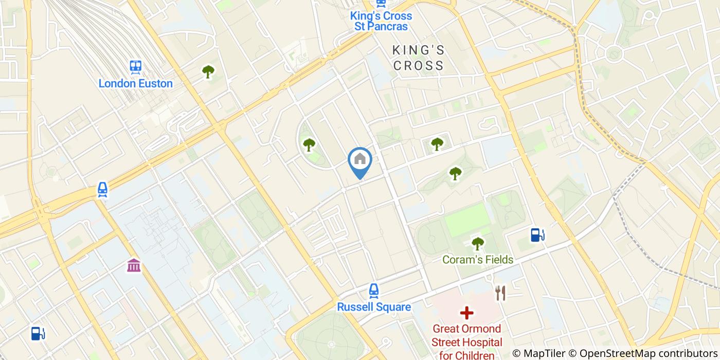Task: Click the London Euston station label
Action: click(x=135, y=83)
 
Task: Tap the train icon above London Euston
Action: click(x=136, y=66)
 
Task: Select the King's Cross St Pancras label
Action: click(x=381, y=21)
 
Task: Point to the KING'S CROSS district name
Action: click(x=418, y=58)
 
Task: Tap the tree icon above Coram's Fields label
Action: click(x=478, y=243)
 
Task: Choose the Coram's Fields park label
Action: click(x=478, y=260)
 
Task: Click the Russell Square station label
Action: click(x=374, y=307)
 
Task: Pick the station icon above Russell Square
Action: click(x=374, y=291)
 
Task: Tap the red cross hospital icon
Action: click(x=466, y=312)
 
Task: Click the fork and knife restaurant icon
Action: click(x=500, y=293)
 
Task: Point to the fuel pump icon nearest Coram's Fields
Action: click(x=537, y=235)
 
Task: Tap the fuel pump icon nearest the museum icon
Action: click(x=37, y=333)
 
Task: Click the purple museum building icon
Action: click(x=134, y=266)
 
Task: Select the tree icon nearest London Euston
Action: click(x=208, y=71)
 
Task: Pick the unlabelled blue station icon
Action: click(x=103, y=190)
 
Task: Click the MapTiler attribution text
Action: click(x=538, y=353)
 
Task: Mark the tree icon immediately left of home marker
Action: click(x=309, y=145)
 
